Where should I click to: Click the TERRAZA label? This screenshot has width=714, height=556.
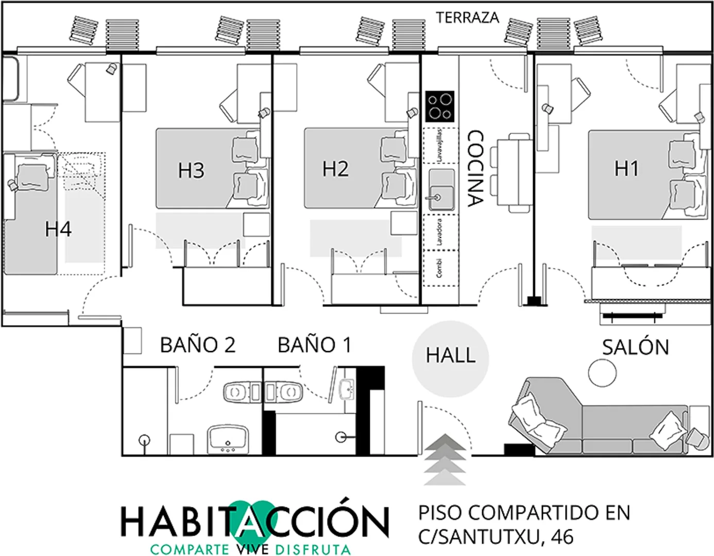(467, 18)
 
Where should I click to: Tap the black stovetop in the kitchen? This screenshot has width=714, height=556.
(440, 106)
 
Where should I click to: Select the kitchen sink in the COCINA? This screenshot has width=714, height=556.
(441, 190)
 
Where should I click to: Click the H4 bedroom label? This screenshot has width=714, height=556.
(58, 229)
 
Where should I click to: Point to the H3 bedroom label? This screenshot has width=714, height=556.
(191, 171)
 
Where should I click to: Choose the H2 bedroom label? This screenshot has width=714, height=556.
(335, 169)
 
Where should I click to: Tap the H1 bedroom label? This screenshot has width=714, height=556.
(626, 168)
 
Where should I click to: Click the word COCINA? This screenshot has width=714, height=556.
(475, 169)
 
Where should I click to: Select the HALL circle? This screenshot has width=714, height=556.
(450, 358)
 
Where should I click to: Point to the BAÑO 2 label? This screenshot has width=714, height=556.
(198, 344)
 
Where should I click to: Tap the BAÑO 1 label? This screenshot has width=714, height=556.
(314, 344)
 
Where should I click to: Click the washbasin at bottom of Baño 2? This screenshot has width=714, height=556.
(227, 440)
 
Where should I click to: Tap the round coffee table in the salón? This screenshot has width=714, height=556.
(602, 373)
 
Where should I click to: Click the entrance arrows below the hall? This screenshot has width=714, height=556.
(445, 459)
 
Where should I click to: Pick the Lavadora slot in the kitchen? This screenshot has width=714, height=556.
(440, 232)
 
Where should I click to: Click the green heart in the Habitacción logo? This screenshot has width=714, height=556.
(254, 520)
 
